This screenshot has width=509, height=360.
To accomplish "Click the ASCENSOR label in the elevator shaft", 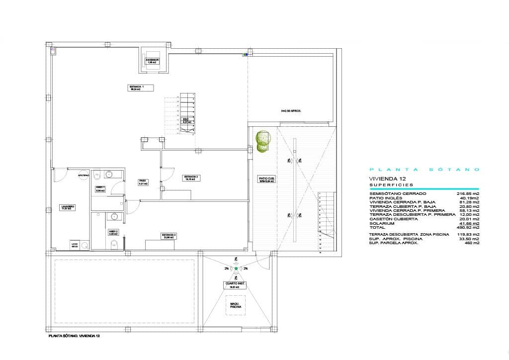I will tap(152, 61).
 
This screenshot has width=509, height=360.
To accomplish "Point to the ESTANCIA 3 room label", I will tap(169, 236).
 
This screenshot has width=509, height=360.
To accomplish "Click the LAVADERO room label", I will tap(68, 207).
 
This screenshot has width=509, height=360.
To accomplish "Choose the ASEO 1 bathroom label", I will tap(100, 188).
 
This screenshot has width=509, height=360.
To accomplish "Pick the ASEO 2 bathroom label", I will tap(113, 232).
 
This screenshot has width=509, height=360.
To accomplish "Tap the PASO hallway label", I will tap(142, 182).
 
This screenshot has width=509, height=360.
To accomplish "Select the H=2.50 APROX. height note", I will tap(291, 111).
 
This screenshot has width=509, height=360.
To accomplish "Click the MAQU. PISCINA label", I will tap(236, 305).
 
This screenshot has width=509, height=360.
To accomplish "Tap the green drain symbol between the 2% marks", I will tap(236, 269).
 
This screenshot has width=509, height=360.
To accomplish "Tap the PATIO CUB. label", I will tap(266, 180).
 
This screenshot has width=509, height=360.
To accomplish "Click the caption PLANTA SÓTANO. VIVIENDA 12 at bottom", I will tap(74, 337).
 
